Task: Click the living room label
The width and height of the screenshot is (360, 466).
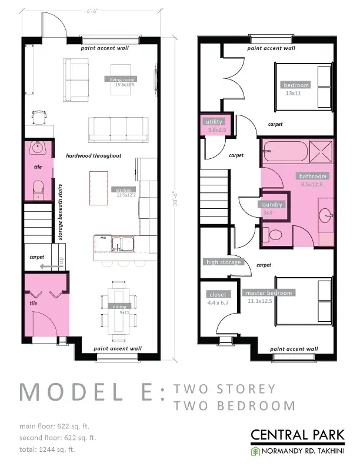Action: (x=121, y=79)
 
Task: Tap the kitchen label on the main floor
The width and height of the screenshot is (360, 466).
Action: (x=122, y=189)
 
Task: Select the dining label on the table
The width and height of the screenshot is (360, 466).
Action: (x=120, y=307)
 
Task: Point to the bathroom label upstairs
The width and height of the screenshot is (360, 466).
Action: (x=312, y=176)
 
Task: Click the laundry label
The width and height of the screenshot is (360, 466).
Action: (x=272, y=205)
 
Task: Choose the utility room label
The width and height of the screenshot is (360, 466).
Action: (x=215, y=122)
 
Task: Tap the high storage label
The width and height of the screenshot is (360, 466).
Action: (x=223, y=262)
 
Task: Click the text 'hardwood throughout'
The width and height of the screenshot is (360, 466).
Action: (x=94, y=156)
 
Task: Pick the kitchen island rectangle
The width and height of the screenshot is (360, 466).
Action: (x=99, y=187)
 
